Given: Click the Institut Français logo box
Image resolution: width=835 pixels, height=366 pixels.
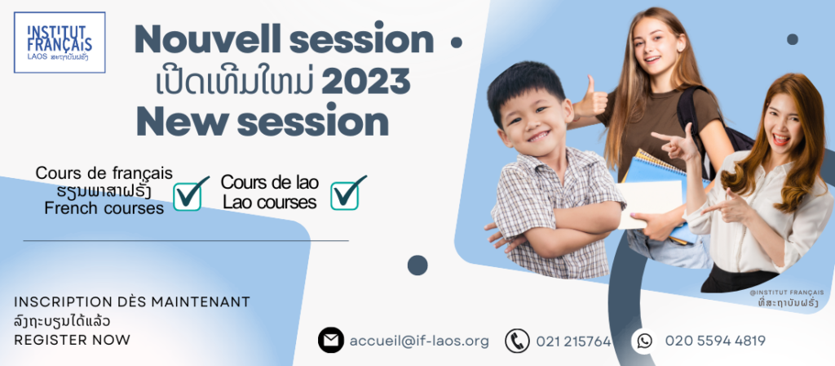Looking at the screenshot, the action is pyautogui.click(x=60, y=42).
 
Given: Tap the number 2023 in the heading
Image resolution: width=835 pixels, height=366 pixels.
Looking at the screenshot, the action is pyautogui.click(x=366, y=81).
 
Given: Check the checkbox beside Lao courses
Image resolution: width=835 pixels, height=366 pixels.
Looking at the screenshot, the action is pyautogui.click(x=347, y=193).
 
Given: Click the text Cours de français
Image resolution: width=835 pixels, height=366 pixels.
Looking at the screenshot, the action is pyautogui.click(x=104, y=173).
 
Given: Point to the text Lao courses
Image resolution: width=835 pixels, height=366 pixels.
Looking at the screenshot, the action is pyautogui.click(x=270, y=202).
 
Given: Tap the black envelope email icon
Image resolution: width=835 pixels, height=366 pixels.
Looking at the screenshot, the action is pyautogui.click(x=331, y=341).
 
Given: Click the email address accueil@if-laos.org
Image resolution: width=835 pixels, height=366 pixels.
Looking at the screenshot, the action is pyautogui.click(x=419, y=341).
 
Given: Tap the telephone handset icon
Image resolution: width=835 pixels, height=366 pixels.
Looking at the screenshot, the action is pyautogui.click(x=517, y=341).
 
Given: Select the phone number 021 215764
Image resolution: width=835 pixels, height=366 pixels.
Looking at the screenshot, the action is pyautogui.click(x=573, y=341).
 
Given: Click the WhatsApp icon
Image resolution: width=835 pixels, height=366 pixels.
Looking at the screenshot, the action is pyautogui.click(x=644, y=341).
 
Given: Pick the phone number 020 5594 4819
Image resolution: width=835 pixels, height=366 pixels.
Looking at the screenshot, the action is pyautogui.click(x=715, y=341).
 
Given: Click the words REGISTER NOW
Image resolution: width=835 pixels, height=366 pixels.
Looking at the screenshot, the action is pyautogui.click(x=72, y=340).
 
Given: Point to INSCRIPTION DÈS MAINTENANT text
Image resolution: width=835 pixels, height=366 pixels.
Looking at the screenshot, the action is pyautogui.click(x=132, y=302).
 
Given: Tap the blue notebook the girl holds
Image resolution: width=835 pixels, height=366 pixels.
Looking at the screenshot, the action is pyautogui.click(x=660, y=192).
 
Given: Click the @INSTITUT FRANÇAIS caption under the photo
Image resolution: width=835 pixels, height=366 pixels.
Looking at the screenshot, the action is pyautogui.click(x=787, y=292).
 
